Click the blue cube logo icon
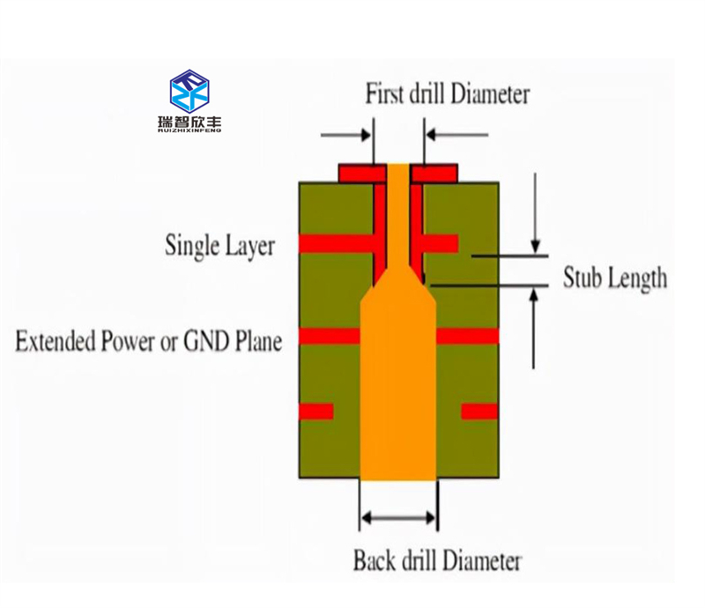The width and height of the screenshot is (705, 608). [189, 91]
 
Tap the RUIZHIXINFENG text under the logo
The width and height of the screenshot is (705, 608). [189, 130]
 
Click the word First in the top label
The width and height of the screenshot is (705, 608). [383, 93]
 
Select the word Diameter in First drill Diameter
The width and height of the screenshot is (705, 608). [490, 93]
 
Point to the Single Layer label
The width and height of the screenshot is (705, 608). [219, 246]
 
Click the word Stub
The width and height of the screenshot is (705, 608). [583, 278]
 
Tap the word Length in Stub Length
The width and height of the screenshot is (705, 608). [636, 278]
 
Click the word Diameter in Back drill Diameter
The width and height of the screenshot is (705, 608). [481, 560]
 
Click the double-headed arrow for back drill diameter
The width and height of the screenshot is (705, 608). [398, 518]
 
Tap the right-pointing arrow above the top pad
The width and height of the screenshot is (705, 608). [345, 135]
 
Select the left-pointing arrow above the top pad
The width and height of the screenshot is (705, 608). [456, 135]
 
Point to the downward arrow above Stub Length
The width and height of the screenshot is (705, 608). [535, 213]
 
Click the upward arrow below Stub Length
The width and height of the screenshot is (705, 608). [534, 329]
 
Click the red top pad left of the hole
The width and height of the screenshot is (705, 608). [362, 173]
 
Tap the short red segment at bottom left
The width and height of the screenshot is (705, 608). [316, 412]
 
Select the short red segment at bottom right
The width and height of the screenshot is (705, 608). [479, 412]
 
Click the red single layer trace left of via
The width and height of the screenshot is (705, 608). [337, 244]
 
